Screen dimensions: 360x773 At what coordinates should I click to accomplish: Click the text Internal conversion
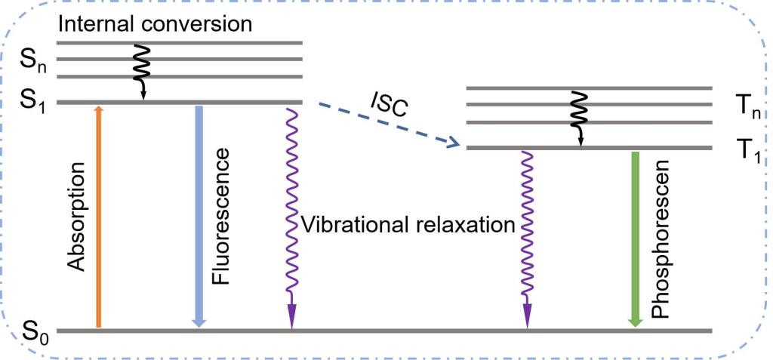coord(154,23)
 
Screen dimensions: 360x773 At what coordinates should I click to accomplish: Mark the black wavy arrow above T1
coord(578,117)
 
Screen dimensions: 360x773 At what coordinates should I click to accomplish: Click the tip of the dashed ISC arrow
coord(457,145)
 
